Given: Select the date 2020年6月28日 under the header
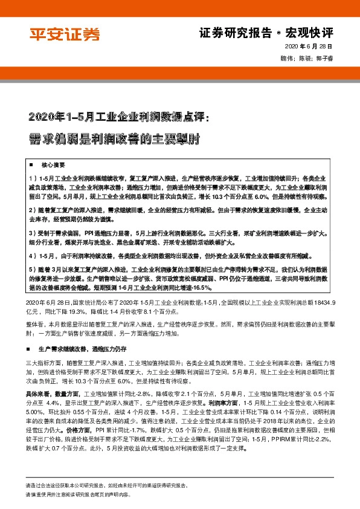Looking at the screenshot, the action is [x=310, y=47].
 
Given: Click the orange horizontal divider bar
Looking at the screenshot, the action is [x=180, y=70].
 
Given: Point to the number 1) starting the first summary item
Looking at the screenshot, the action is [x=32, y=180].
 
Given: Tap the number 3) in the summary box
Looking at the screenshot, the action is [x=32, y=233].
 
